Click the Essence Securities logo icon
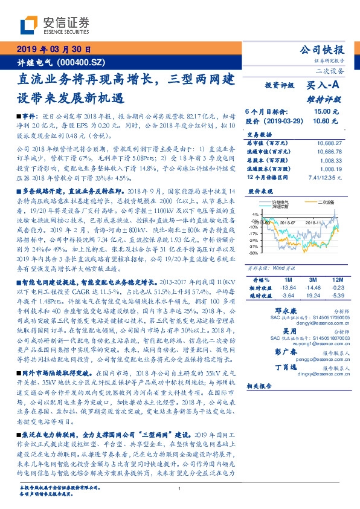pyautogui.click(x=30, y=25)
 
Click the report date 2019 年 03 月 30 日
pyautogui.click(x=54, y=49)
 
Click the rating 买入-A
pyautogui.click(x=324, y=86)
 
